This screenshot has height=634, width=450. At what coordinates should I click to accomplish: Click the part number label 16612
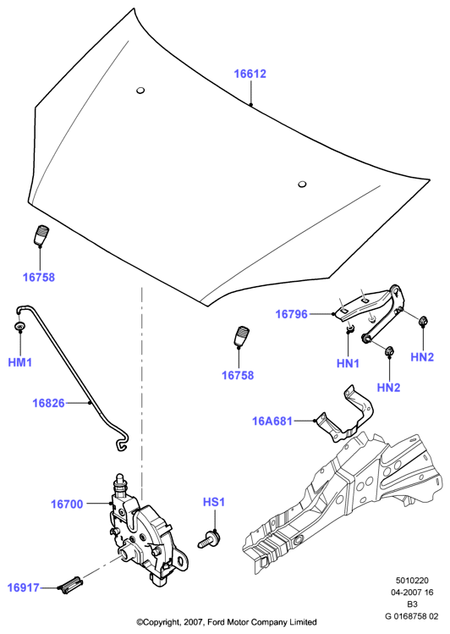250,74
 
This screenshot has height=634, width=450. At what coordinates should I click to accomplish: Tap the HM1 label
19,362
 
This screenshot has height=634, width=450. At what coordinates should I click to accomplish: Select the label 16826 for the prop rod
48,403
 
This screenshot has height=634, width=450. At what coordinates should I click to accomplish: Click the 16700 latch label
67,504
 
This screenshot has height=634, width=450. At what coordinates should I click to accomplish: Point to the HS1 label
214,502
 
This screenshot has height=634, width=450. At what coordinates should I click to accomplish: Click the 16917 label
24,587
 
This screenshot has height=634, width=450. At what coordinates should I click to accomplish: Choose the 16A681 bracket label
272,421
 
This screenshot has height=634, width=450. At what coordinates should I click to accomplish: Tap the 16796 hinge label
291,314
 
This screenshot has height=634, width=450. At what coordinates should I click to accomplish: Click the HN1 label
348,363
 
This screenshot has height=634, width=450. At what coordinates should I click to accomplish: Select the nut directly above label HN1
350,328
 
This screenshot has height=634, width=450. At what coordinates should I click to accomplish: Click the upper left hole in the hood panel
140,91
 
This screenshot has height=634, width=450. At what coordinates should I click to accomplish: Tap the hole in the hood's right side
302,185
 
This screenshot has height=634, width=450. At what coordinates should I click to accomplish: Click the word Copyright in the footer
160,622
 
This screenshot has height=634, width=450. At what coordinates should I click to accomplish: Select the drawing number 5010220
412,581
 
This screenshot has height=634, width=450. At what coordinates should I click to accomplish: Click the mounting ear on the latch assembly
181,559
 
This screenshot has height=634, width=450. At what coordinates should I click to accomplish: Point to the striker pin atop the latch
119,480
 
